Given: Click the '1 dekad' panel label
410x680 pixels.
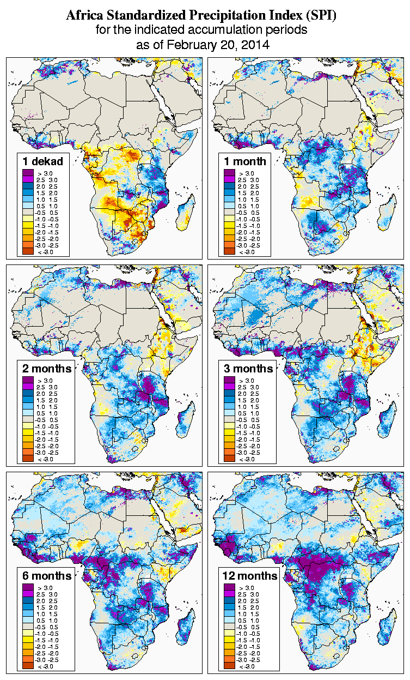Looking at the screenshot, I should point(42,161).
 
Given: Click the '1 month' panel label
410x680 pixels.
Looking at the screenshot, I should point(245,161).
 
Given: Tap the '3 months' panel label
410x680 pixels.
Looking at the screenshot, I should point(248,369).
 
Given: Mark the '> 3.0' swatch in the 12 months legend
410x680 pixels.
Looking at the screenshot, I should point(229,587).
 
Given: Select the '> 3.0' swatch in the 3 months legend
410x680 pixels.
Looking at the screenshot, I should point(229,380).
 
